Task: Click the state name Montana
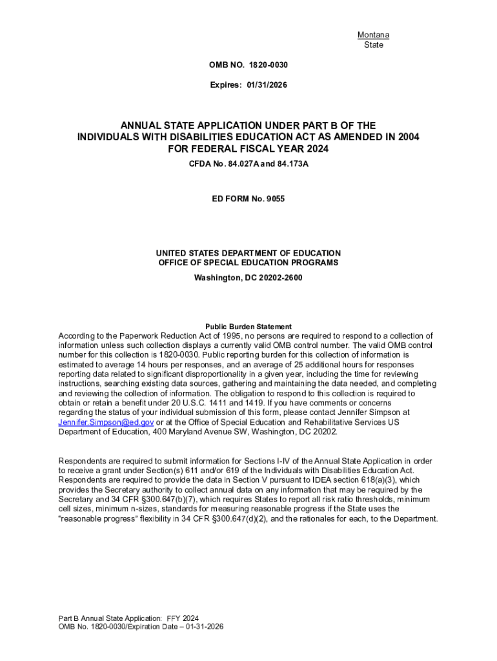(373, 35)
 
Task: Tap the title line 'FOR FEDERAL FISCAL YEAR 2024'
(249, 149)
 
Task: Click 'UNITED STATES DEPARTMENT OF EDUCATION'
(249, 253)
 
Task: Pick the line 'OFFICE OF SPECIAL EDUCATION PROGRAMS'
(249, 263)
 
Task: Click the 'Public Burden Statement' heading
(249, 327)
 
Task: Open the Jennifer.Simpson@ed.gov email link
(106, 422)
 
